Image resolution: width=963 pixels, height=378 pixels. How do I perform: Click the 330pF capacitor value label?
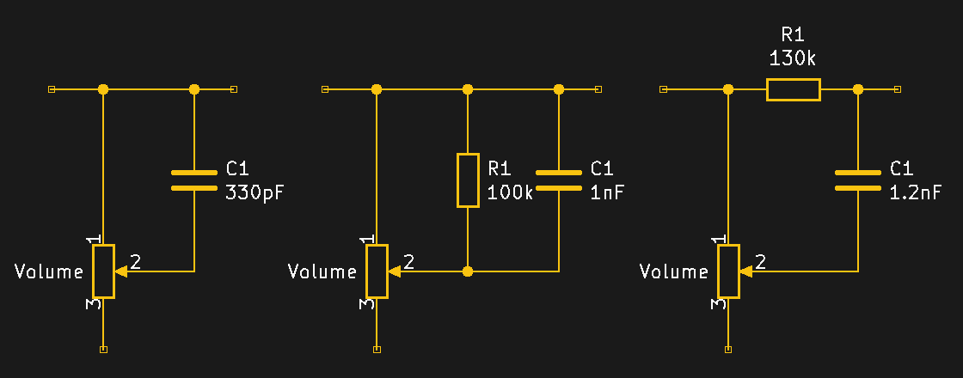[255, 192]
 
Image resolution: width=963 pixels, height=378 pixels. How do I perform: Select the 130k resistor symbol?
[793, 89]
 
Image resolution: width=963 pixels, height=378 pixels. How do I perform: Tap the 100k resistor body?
[468, 180]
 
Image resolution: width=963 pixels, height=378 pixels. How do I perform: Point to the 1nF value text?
[607, 192]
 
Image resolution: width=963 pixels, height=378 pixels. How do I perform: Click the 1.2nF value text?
[916, 192]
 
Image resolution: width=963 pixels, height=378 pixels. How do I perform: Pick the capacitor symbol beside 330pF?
[194, 178]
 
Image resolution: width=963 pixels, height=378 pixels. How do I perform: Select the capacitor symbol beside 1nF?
[559, 178]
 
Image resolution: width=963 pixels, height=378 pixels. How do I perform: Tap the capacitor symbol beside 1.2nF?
[857, 178]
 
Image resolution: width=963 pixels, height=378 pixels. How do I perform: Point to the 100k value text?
[511, 192]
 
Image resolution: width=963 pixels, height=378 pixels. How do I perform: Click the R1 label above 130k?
[792, 35]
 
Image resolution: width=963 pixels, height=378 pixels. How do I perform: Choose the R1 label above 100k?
[500, 168]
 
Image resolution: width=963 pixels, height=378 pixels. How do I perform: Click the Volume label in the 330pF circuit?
[49, 272]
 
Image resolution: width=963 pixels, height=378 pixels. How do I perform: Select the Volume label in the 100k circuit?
[322, 272]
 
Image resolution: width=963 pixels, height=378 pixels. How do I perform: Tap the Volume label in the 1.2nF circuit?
[674, 272]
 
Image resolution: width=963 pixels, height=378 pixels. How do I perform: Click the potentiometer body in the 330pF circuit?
[104, 271]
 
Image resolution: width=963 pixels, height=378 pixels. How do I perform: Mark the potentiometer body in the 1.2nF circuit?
[729, 271]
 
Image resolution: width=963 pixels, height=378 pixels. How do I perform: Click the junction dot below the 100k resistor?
[468, 271]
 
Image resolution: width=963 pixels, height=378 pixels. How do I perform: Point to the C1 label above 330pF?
[237, 168]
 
